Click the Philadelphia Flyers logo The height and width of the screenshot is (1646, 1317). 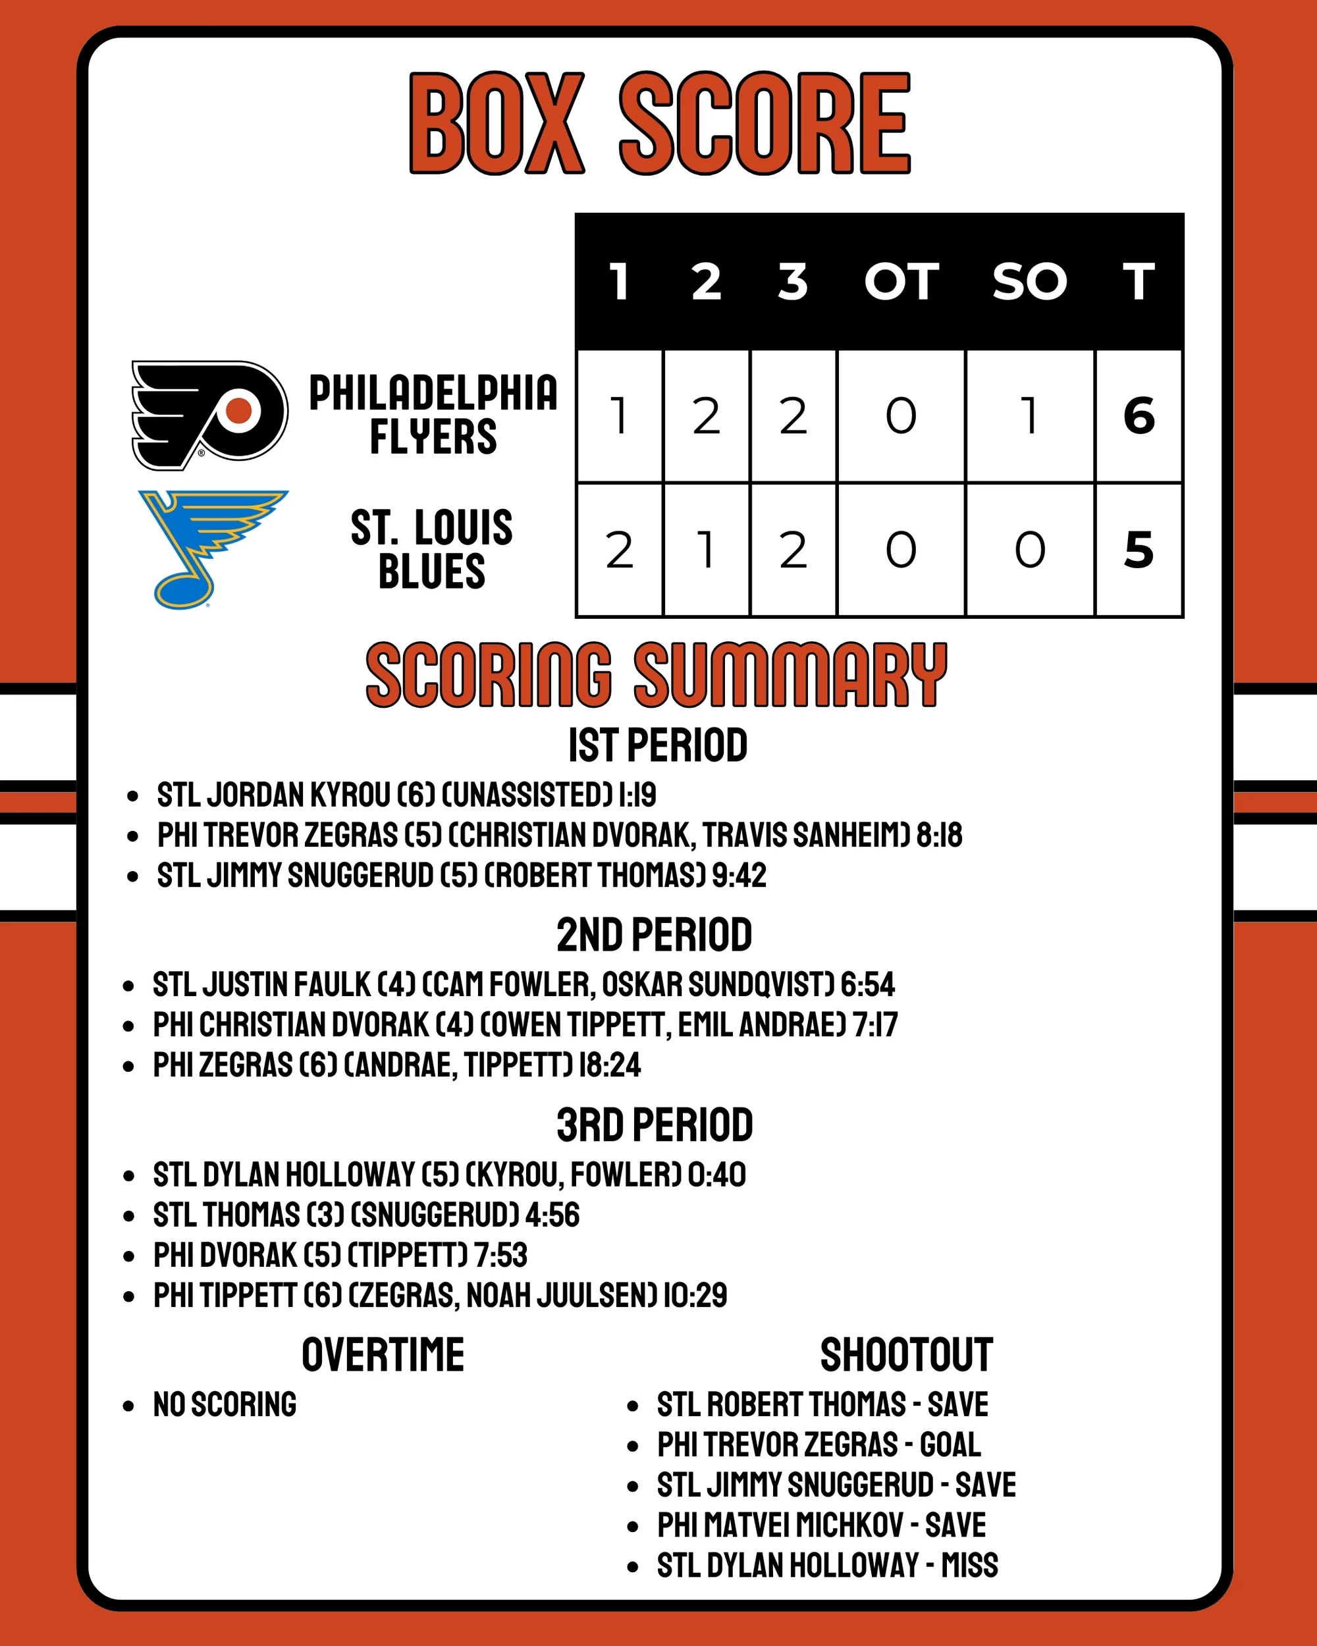[x=209, y=415]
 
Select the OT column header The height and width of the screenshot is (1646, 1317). [x=901, y=282]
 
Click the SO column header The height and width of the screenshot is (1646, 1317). [x=1029, y=282]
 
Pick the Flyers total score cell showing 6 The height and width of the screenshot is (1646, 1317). [x=1139, y=416]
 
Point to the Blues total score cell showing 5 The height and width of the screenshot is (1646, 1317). [x=1139, y=550]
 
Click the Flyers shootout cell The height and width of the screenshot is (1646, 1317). [x=1030, y=416]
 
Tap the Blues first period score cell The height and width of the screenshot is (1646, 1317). [x=619, y=550]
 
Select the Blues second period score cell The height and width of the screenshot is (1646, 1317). [x=706, y=550]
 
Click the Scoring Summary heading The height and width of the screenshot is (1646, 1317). [x=657, y=675]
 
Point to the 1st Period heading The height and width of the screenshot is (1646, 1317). [x=657, y=746]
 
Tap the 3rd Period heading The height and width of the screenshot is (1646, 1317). [x=655, y=1125]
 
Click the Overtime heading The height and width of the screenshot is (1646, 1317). [x=383, y=1355]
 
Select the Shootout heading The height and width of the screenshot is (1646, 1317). [x=906, y=1355]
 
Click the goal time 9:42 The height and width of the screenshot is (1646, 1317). [x=738, y=876]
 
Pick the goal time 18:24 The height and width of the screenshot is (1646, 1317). [x=609, y=1065]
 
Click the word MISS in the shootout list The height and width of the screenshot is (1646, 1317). [x=969, y=1565]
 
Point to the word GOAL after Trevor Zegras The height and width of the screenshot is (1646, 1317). [x=950, y=1445]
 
